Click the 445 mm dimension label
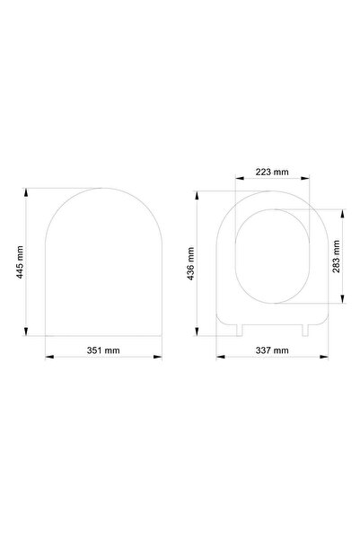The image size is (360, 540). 21,262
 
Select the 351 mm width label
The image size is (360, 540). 103,350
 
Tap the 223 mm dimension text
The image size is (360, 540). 272,172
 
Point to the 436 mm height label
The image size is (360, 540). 190,263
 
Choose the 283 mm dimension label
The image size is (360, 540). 337,256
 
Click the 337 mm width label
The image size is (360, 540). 272,350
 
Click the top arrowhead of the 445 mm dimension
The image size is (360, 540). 25,192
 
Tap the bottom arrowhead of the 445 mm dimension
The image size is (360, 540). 25,332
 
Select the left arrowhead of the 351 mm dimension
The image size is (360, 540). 49,357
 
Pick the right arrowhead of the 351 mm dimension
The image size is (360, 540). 158,357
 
